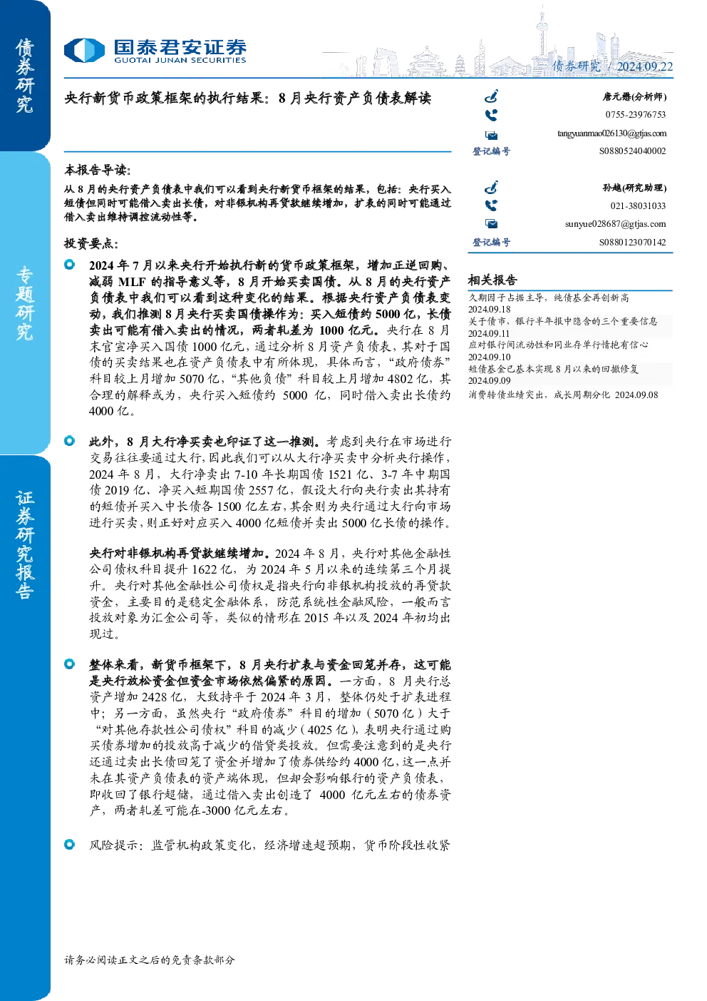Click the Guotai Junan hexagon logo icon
[84, 50]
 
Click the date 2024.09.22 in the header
[644, 66]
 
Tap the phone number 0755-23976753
[635, 115]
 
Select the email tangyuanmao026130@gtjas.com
[611, 133]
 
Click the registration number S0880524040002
[632, 151]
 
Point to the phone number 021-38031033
[638, 206]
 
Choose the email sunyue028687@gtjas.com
[615, 224]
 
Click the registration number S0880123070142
[632, 242]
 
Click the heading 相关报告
[492, 280]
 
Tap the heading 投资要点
[91, 243]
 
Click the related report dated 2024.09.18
[549, 303]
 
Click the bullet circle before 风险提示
[70, 845]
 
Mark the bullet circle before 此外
[70, 441]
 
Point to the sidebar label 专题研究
[24, 303]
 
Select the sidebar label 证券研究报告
[24, 545]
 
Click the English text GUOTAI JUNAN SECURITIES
[180, 61]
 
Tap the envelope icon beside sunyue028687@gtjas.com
[491, 223]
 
